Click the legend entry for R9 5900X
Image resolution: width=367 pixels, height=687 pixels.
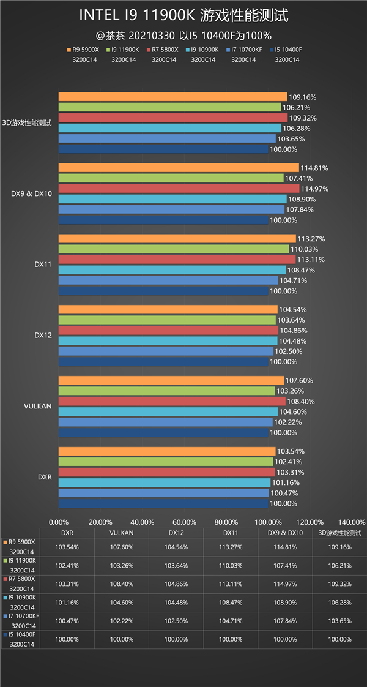tap(84, 50)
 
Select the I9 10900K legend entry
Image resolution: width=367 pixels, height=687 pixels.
tap(203, 50)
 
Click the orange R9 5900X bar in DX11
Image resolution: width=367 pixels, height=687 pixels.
tap(177, 239)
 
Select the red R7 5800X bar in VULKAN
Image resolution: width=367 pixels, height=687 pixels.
tap(171, 401)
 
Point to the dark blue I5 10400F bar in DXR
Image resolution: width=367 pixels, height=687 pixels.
tap(163, 503)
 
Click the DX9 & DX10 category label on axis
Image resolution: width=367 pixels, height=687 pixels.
tap(31, 194)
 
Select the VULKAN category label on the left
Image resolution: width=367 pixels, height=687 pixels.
tap(38, 406)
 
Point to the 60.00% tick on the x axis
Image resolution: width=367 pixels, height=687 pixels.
tap(184, 522)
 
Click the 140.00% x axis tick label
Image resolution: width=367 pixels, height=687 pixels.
tap(351, 522)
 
